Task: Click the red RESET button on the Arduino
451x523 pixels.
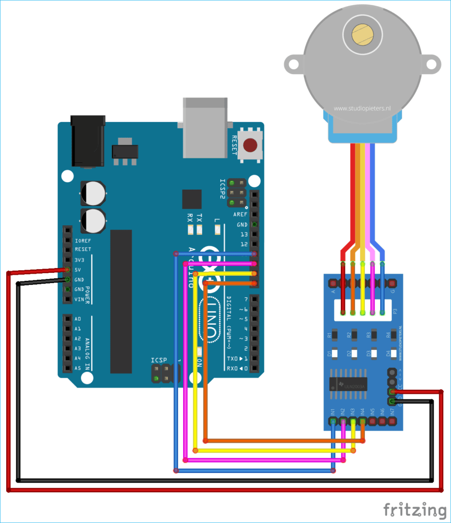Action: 250,146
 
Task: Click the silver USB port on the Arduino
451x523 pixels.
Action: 205,128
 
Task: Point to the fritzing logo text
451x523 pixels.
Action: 414,510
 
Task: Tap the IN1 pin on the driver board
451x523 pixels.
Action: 333,421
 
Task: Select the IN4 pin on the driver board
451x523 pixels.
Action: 363,421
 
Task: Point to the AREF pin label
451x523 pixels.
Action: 240,215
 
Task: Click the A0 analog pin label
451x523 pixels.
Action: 78,319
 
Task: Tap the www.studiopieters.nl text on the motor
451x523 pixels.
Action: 362,108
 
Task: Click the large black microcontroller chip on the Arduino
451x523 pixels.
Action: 121,301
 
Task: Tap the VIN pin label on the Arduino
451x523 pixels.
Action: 79,299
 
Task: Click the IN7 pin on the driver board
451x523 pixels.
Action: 392,421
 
